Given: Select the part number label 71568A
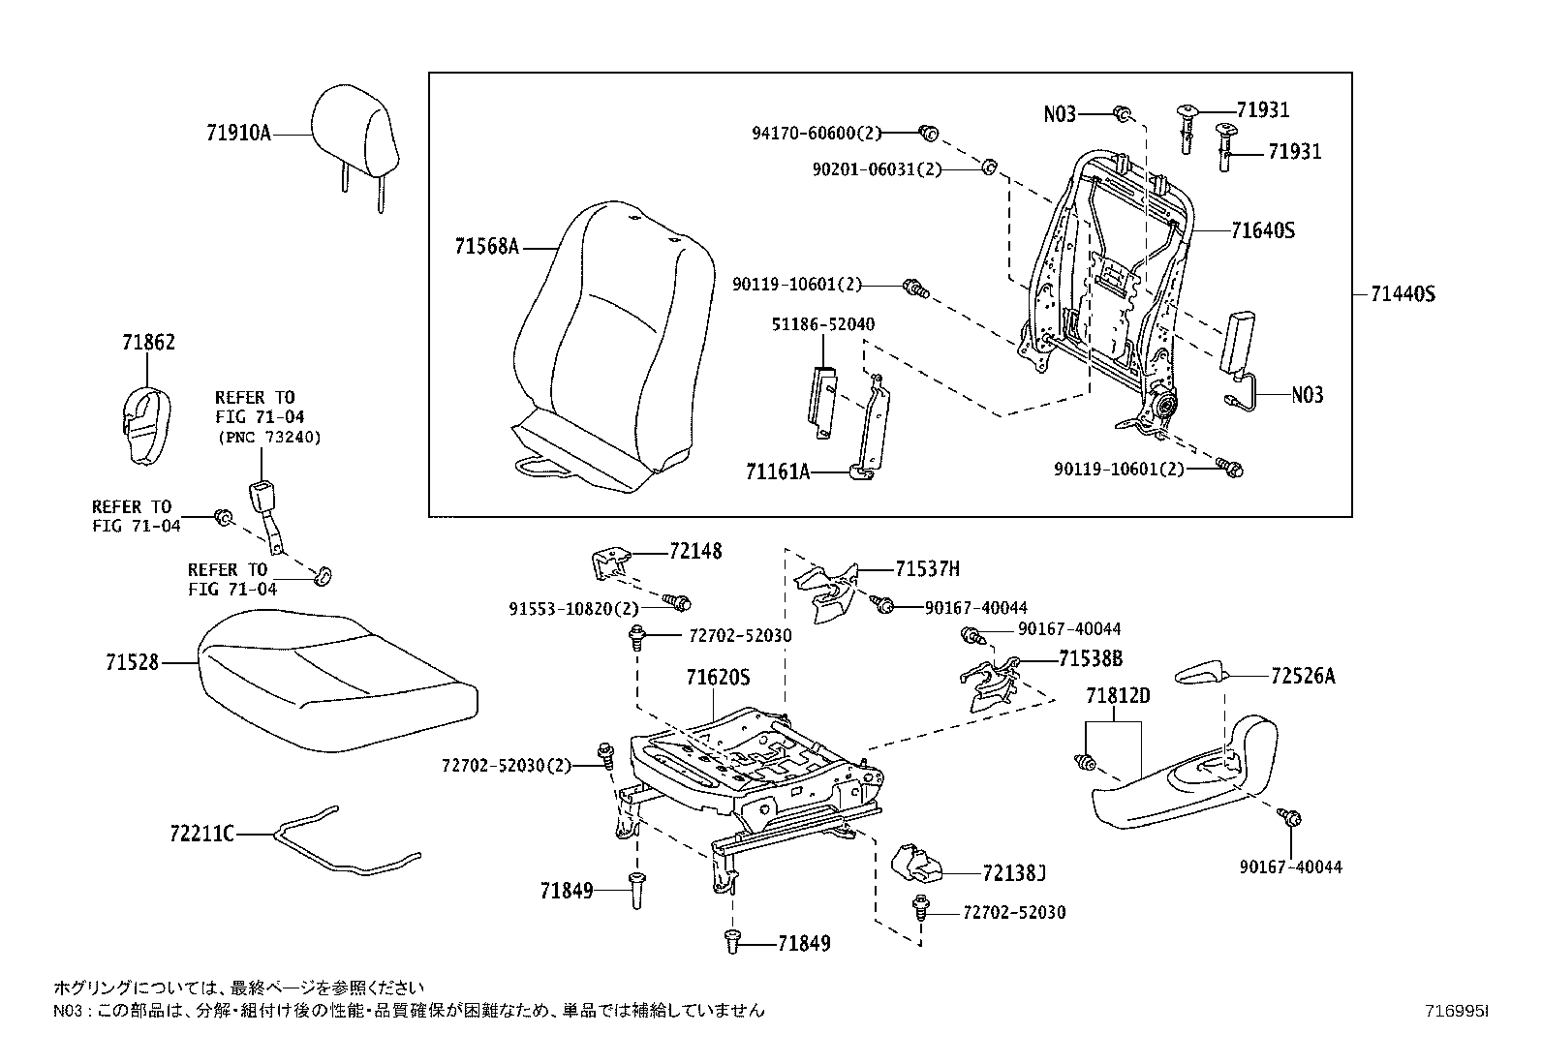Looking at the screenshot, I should tap(486, 247).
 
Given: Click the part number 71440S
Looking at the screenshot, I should tap(1402, 293).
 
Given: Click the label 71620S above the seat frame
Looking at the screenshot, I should tap(718, 678).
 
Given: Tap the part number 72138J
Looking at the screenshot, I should tap(1013, 874).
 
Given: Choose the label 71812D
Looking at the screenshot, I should tap(1118, 695).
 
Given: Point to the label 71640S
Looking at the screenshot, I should tap(1263, 230).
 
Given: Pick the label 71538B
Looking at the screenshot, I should tap(1090, 658).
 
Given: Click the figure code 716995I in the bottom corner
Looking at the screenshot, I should tap(1456, 1011).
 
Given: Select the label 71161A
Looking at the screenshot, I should tap(777, 471).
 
